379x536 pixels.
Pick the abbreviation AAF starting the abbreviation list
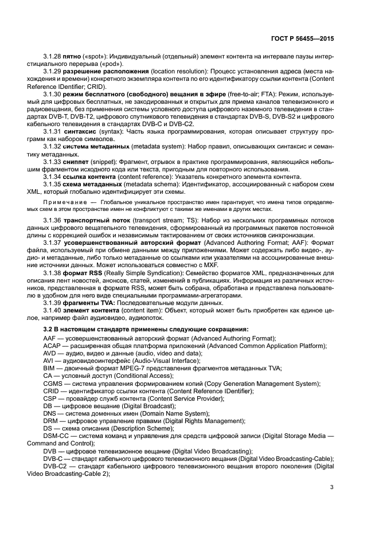[x=49, y=339]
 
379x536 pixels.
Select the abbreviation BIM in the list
[x=49, y=369]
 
